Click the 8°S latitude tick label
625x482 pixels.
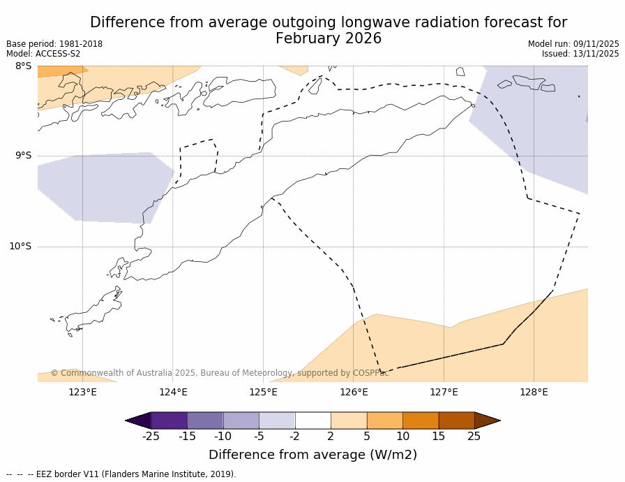point(23,66)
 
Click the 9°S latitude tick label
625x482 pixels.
point(23,156)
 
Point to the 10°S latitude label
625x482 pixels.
point(20,246)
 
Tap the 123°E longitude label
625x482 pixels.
point(82,392)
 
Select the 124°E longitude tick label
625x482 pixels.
point(173,392)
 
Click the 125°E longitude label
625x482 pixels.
point(263,392)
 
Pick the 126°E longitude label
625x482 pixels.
point(354,392)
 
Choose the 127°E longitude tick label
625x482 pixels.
point(444,392)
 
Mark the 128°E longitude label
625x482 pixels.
point(534,392)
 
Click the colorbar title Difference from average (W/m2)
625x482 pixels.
point(312,455)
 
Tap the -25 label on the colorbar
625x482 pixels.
point(151,437)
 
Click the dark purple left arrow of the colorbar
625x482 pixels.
point(138,421)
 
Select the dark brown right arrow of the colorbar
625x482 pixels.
point(487,421)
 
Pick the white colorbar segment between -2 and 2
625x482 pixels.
point(312,421)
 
